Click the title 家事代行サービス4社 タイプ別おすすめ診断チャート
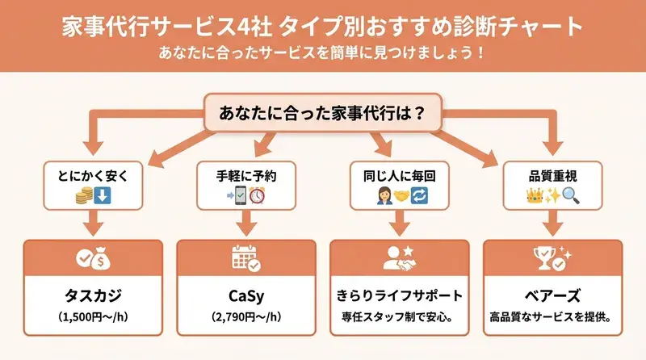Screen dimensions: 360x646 point(323,26)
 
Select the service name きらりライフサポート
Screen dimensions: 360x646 point(401,295)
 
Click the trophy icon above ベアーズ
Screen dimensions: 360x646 point(553,257)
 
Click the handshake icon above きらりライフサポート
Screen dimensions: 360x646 point(401,257)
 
